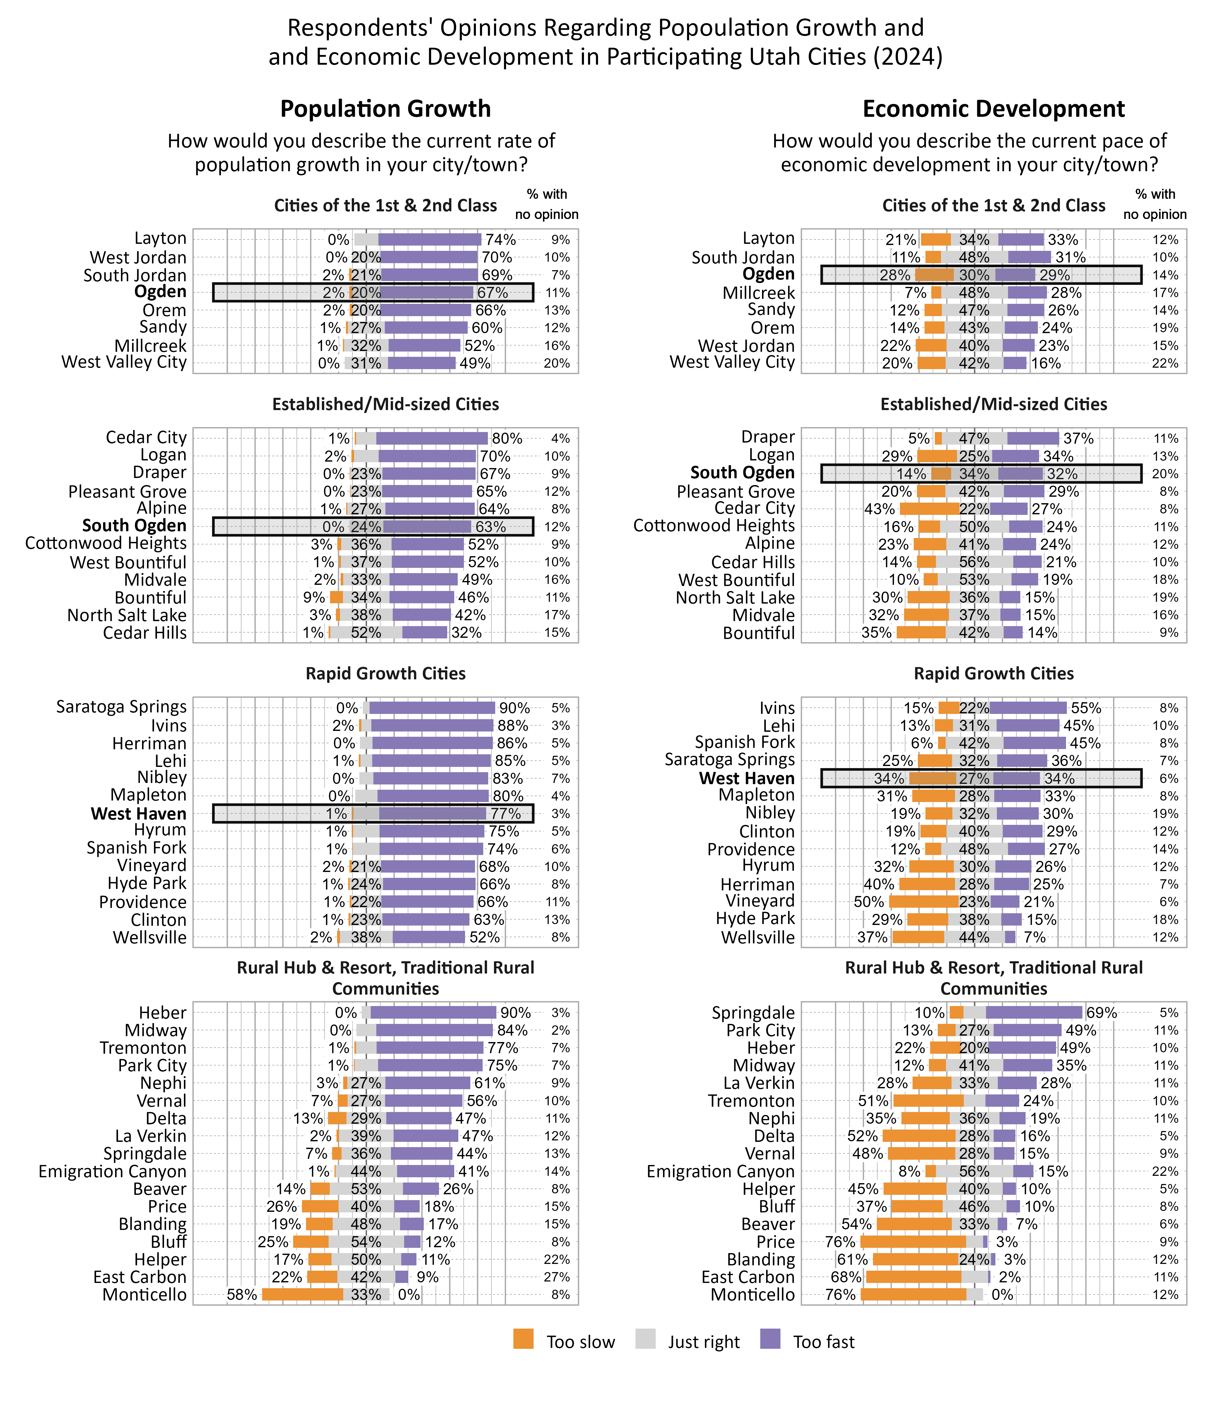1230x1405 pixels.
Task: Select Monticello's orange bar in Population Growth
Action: (303, 1295)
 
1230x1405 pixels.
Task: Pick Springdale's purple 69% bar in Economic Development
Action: (1034, 1012)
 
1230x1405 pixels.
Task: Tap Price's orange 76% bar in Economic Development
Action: (913, 1242)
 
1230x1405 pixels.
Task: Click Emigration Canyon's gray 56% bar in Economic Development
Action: (974, 1171)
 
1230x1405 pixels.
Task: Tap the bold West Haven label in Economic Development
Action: (747, 779)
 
